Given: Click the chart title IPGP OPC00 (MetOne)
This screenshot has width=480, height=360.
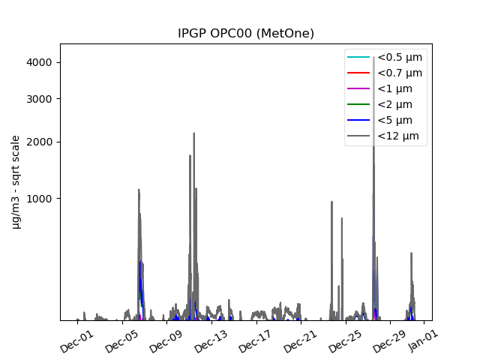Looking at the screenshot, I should point(246,33).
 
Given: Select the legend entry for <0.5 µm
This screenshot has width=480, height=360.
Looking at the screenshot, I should point(399,57).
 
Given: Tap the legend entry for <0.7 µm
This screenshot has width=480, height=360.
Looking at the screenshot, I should point(399,73).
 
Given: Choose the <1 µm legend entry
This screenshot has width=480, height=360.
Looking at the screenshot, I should point(394,88).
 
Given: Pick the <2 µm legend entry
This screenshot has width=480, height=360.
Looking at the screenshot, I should point(394,104).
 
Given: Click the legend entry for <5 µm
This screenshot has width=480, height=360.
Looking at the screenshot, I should point(394,120).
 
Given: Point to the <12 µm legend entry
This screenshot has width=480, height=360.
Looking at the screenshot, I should point(397,136).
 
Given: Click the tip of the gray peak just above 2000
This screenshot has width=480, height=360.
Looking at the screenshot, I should point(193,133).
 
